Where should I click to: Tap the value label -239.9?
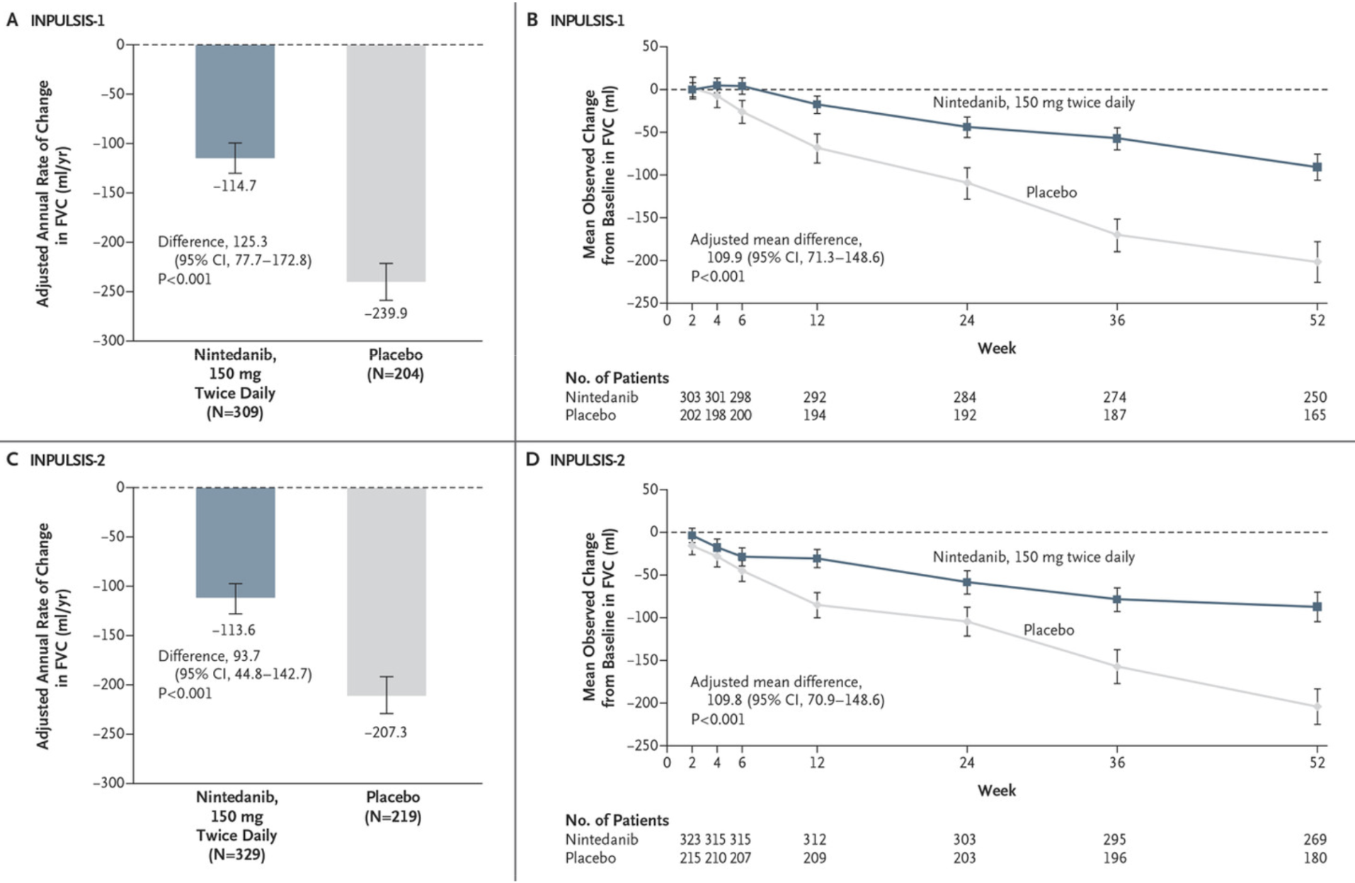386,313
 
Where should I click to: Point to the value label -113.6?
234,630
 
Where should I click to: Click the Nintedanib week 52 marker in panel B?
1317,168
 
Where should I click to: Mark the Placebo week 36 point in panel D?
1117,666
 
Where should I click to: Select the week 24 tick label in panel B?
966,321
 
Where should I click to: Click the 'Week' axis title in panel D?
996,790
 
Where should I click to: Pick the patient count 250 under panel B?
1315,398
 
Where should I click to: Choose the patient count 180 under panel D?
1315,858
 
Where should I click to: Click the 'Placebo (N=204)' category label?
395,364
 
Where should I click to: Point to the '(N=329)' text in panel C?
236,855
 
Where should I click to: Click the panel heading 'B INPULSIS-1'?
576,20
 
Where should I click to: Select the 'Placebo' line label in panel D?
1048,630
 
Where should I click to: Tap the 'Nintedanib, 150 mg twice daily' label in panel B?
1033,103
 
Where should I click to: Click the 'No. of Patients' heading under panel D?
617,820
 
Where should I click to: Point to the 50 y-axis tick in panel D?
650,489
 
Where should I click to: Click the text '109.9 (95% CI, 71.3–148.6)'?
795,258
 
